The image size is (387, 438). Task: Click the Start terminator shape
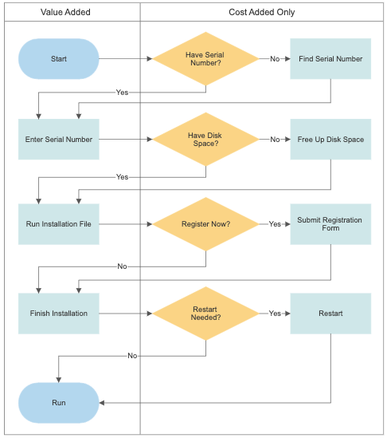point(59,59)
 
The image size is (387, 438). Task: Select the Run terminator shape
point(59,403)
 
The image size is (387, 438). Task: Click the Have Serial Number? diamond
point(205,59)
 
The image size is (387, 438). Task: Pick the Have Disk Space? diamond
point(205,139)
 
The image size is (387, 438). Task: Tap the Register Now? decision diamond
point(205,224)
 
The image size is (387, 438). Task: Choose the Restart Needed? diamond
point(205,314)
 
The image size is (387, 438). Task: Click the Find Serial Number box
point(330,59)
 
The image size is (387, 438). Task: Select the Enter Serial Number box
point(59,139)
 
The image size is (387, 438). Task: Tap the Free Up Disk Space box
point(330,139)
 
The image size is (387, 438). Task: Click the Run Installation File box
point(59,224)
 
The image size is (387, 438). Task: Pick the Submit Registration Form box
point(330,224)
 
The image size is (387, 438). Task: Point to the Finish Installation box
point(59,314)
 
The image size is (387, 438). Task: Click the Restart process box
point(330,314)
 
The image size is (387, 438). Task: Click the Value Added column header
point(65,12)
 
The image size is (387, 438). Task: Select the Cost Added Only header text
point(261,12)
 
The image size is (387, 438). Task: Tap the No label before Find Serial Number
point(275,59)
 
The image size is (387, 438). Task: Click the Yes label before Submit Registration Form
point(275,224)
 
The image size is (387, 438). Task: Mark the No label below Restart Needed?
point(132,356)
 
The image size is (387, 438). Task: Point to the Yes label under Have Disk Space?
point(122,177)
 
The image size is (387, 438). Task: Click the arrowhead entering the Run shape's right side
point(102,403)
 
